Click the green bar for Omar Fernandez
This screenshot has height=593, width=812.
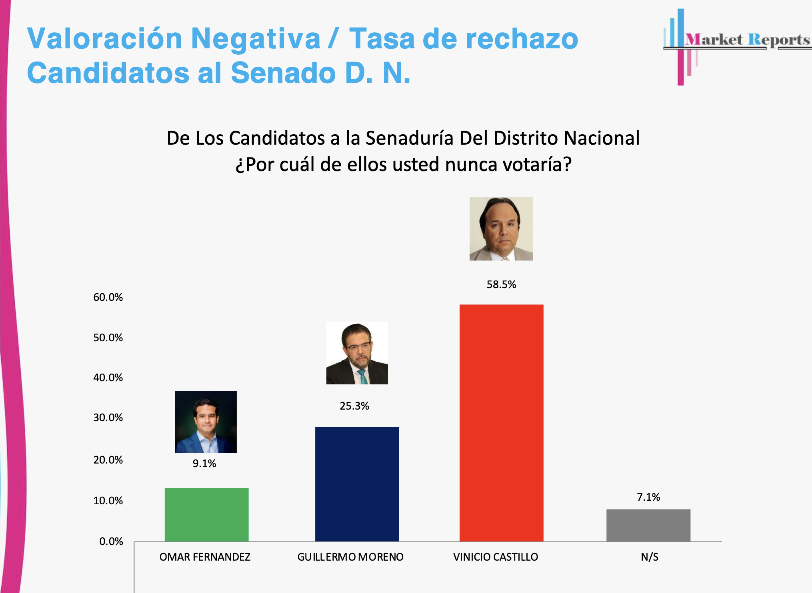tap(206, 515)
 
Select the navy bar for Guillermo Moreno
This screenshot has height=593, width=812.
tap(357, 484)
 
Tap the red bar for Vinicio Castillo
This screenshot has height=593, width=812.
tap(501, 423)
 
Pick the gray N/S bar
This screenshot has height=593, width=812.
tap(648, 525)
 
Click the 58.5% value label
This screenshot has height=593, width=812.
tap(501, 285)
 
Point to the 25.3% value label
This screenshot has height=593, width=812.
tap(354, 406)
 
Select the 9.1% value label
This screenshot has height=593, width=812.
tap(204, 464)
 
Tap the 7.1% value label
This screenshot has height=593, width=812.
tap(648, 497)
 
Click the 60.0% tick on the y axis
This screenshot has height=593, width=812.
tap(108, 297)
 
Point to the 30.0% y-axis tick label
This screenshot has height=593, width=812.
tap(108, 418)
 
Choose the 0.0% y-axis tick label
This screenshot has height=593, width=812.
tap(111, 541)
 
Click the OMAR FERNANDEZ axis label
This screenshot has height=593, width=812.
tap(205, 557)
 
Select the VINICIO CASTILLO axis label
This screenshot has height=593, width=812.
tap(496, 557)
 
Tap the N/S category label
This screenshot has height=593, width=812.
tap(650, 557)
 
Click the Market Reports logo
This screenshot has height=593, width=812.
tap(736, 44)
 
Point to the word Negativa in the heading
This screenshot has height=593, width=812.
tap(256, 39)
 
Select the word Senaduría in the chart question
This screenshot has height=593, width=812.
tap(410, 138)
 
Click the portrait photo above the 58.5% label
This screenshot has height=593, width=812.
tap(501, 229)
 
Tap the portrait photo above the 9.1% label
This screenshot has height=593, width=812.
tap(206, 422)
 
